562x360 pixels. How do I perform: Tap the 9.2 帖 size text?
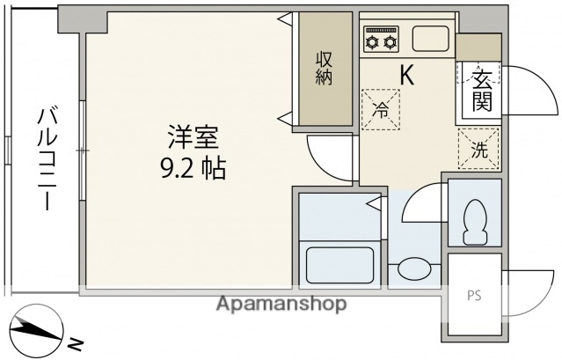pos(193,167)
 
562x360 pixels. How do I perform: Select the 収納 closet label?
pos(325,68)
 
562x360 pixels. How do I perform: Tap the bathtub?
pos(339,263)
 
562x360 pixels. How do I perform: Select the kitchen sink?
pos(429,39)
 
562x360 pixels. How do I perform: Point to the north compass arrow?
pos(35,330)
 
